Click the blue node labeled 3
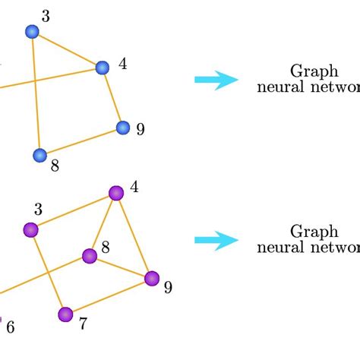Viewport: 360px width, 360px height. tap(32, 31)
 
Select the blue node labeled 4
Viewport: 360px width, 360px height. tap(103, 68)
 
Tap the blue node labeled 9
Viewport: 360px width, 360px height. tap(122, 127)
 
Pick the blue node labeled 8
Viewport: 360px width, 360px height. tap(39, 156)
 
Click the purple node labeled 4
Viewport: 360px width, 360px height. tap(115, 193)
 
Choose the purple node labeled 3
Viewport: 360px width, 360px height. tap(31, 229)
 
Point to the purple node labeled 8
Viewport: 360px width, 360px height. tap(90, 256)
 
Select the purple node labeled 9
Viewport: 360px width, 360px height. tap(152, 279)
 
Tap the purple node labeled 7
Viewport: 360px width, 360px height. tap(65, 314)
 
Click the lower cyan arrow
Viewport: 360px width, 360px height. tap(216, 240)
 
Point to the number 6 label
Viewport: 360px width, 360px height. tap(10, 328)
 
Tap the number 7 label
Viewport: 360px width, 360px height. tap(83, 324)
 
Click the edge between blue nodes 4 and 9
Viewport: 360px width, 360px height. tap(112, 97)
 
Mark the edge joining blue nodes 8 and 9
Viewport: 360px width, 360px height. tap(81, 141)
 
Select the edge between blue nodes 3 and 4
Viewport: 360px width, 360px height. tap(67, 49)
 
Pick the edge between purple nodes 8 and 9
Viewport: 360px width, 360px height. tap(121, 267)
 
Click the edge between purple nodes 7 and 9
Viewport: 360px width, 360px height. tap(109, 296)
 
